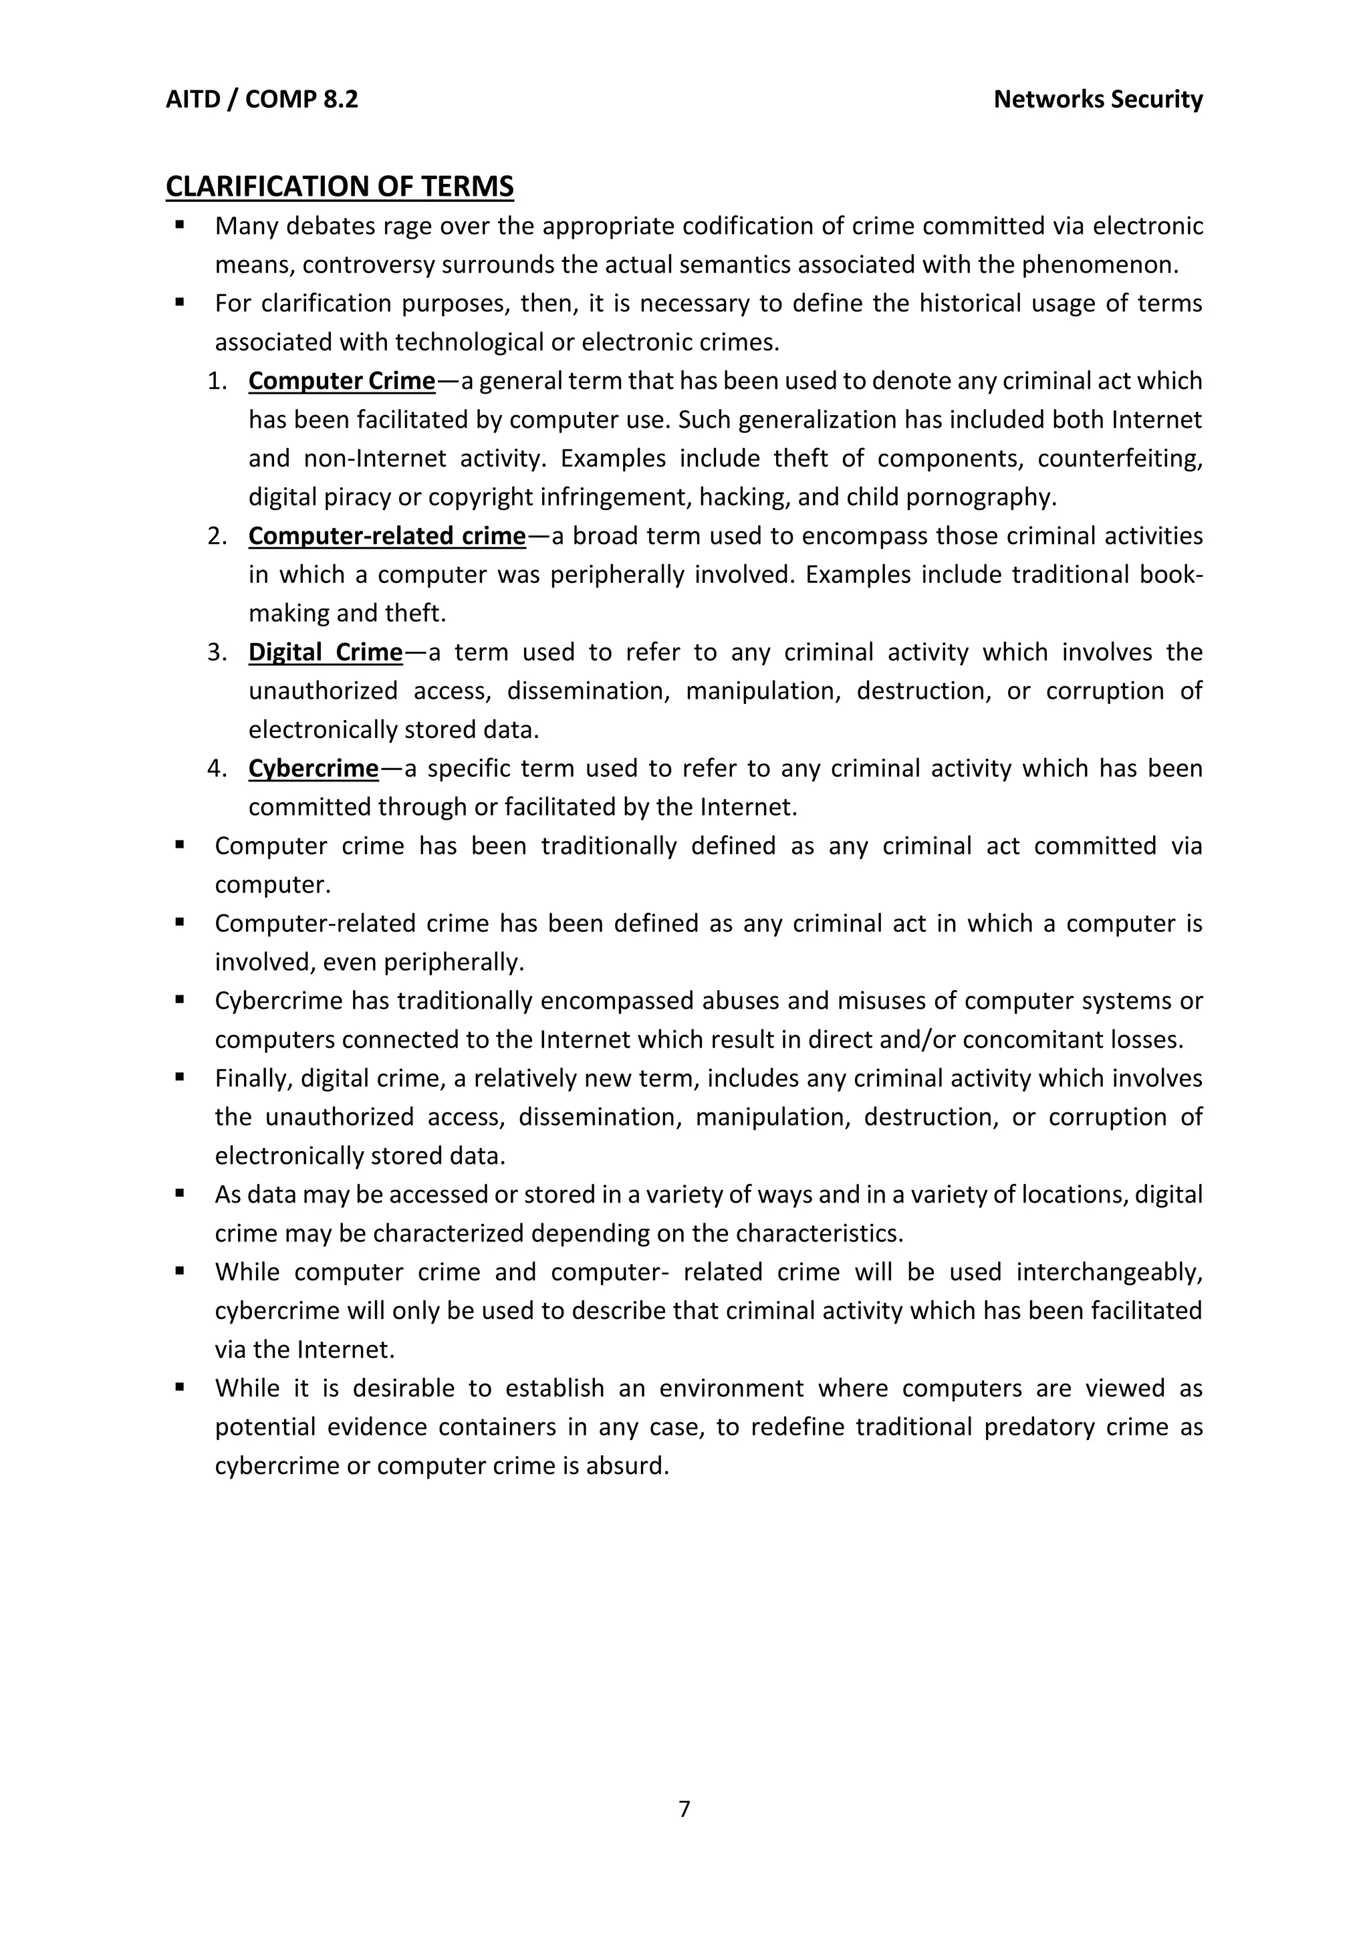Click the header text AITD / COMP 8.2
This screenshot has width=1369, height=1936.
[x=261, y=100]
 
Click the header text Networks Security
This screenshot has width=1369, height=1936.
[x=1098, y=100]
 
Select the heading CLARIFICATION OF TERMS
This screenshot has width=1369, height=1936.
[x=339, y=187]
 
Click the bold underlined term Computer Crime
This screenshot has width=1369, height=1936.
[x=342, y=381]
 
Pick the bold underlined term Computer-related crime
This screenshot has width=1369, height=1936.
[x=387, y=536]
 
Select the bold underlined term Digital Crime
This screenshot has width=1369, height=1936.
[x=326, y=652]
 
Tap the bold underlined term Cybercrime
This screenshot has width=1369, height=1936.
[x=314, y=769]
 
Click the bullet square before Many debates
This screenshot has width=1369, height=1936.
[x=180, y=225]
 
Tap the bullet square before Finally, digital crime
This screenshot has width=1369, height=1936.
[x=180, y=1077]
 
